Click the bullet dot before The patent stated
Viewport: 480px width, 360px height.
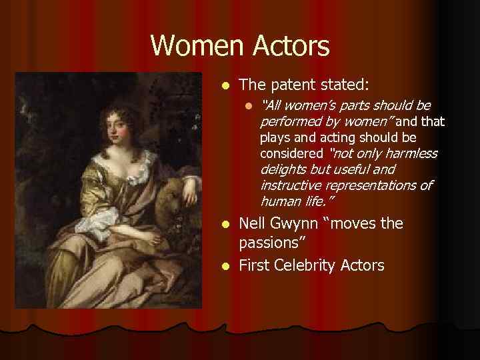(x=226, y=85)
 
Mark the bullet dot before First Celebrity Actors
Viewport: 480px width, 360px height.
(x=226, y=266)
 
